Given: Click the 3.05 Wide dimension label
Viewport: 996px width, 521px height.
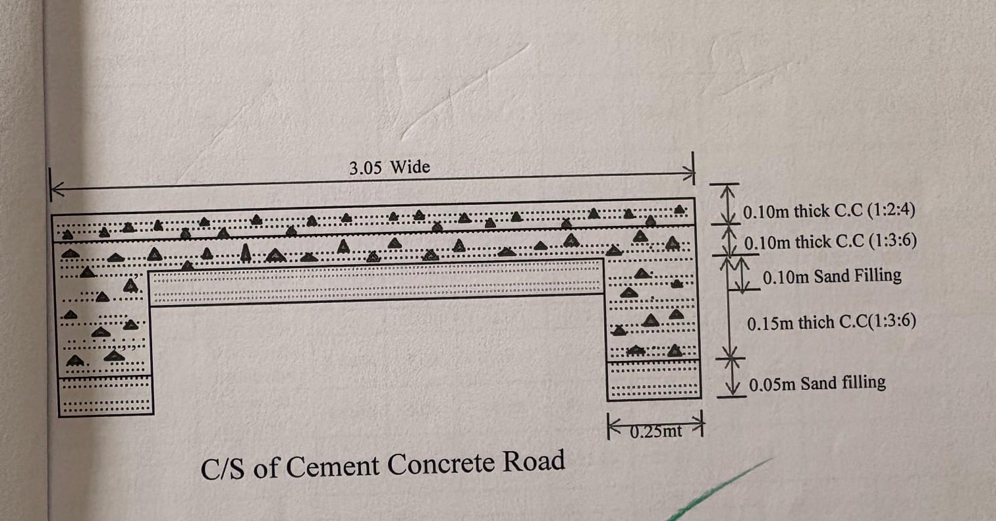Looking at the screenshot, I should [x=389, y=167].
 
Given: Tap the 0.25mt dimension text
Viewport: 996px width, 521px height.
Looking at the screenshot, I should [x=657, y=432].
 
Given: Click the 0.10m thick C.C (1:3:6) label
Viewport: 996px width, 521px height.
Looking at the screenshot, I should [x=830, y=242].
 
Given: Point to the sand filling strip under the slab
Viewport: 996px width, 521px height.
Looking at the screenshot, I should [x=375, y=286].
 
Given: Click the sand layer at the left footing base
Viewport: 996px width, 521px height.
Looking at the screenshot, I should [x=106, y=396].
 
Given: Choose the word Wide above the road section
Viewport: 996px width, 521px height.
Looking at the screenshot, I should [x=410, y=167].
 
